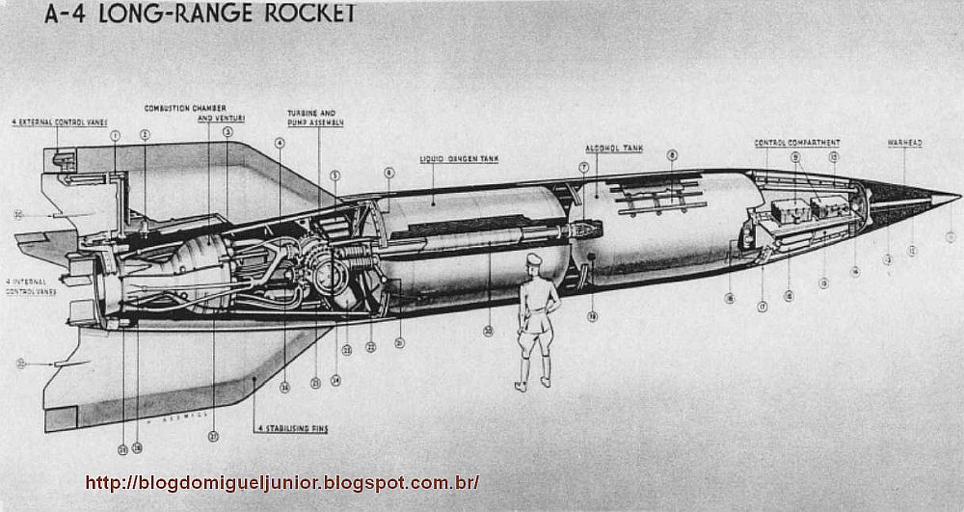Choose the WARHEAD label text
(904, 143)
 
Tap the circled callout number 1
(115, 136)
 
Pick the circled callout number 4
(280, 143)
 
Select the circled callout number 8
(672, 155)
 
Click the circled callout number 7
(583, 167)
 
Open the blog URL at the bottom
(281, 482)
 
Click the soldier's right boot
(522, 386)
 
